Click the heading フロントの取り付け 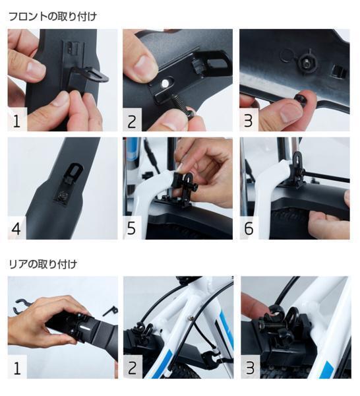[53, 16]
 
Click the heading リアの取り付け [43, 265]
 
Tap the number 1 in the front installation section [16, 121]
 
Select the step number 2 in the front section [132, 121]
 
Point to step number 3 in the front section [249, 121]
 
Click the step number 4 [16, 228]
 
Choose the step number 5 [131, 228]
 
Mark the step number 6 [249, 228]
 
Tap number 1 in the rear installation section [17, 368]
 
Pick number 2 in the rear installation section [133, 368]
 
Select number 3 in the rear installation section [250, 368]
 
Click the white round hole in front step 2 [165, 82]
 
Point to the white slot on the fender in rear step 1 [85, 329]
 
